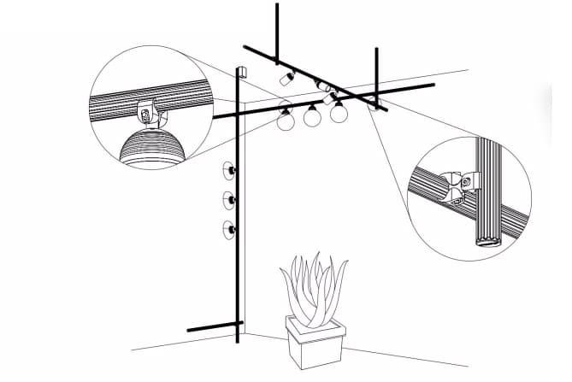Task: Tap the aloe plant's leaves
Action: (x=315, y=286)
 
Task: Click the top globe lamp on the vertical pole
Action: (x=229, y=171)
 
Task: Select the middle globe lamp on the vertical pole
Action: (x=229, y=201)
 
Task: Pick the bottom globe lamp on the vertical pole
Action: (x=229, y=229)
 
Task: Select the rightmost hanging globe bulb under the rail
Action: (x=339, y=113)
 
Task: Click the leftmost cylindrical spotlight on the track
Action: (x=286, y=79)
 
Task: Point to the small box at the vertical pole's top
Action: (x=242, y=71)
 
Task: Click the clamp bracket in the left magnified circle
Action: (x=149, y=111)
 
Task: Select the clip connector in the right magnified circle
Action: (x=460, y=182)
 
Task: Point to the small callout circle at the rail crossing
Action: (x=375, y=106)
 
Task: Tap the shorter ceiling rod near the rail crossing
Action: (x=376, y=73)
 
